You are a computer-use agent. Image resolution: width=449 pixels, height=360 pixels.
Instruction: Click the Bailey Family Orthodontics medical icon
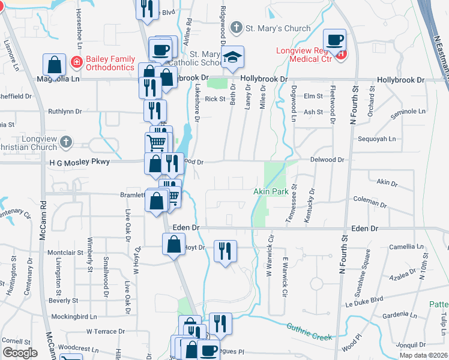click(76, 62)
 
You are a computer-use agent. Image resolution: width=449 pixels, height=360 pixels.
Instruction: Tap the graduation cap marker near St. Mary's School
click(231, 57)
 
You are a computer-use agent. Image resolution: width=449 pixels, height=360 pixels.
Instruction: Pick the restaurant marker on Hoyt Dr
click(226, 251)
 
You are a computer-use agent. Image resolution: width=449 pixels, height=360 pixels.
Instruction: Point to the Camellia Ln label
click(406, 247)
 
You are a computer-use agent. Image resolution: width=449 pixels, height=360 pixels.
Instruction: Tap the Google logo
click(20, 352)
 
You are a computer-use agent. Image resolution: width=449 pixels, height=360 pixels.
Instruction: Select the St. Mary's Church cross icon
click(237, 28)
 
